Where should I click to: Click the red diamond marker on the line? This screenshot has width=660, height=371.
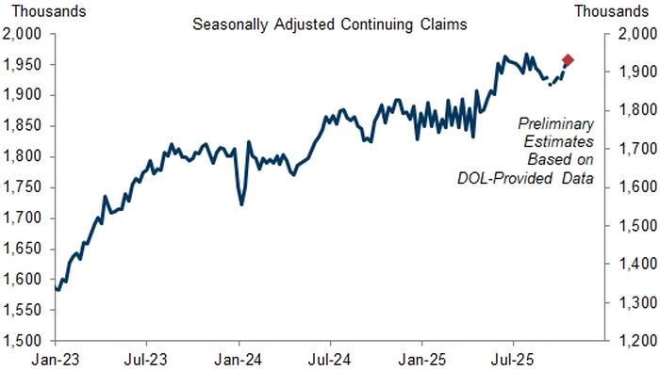[x=568, y=60]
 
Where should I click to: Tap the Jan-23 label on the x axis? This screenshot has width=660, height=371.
[x=55, y=359]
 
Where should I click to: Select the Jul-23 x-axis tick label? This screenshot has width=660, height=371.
[x=146, y=359]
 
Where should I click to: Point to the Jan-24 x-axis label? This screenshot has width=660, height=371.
[x=239, y=359]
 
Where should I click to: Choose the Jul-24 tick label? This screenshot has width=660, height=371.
[x=330, y=359]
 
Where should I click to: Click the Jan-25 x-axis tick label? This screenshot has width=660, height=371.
[x=421, y=359]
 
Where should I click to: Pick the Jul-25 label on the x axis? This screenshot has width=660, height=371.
[x=513, y=359]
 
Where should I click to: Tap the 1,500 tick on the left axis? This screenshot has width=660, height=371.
[x=23, y=341]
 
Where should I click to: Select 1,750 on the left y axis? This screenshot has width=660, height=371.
[x=23, y=187]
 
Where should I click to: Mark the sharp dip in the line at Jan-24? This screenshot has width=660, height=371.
[x=241, y=203]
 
